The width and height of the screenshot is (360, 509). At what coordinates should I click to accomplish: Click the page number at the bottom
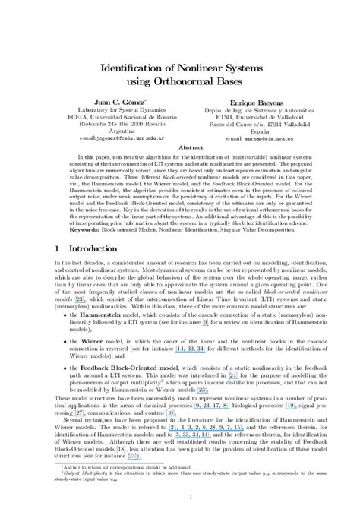tap(179, 495)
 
